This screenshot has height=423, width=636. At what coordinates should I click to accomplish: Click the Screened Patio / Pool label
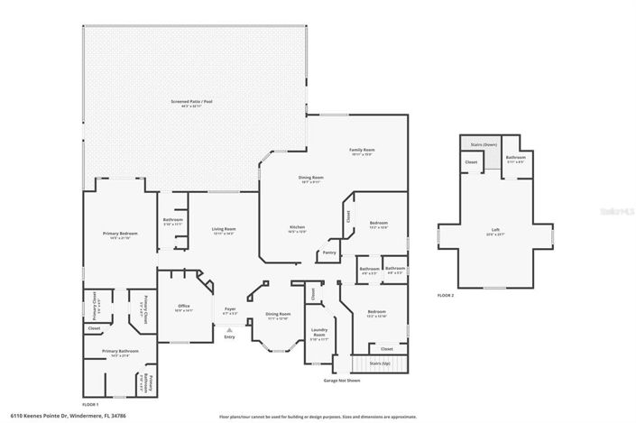[x=191, y=102]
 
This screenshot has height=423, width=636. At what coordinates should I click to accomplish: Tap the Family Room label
[x=362, y=150]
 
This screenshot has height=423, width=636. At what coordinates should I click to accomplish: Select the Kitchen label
[x=297, y=226]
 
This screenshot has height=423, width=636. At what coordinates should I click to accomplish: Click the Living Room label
[x=224, y=229]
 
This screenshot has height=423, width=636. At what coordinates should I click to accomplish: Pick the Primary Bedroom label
[x=118, y=233]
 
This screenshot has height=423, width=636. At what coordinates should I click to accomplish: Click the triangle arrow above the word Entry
[x=228, y=330]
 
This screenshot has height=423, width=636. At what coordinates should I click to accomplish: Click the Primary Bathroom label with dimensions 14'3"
[x=116, y=351]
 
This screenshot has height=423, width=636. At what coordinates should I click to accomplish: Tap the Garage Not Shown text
[x=342, y=381]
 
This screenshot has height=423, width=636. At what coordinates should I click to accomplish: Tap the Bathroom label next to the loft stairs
[x=515, y=157]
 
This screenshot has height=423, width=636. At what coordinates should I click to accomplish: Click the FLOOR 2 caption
[x=445, y=295]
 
